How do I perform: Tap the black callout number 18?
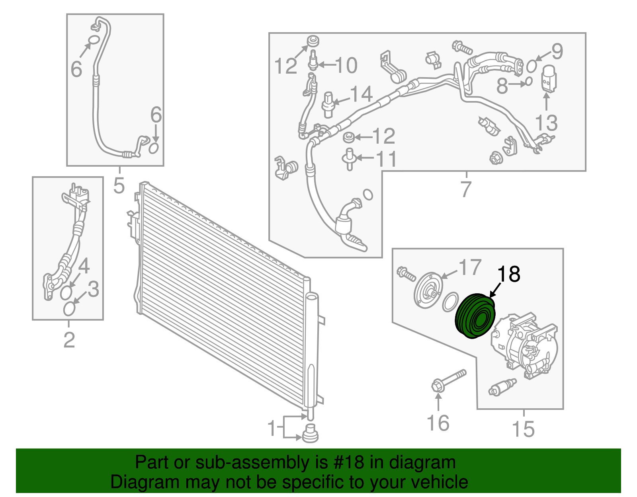tap(508, 275)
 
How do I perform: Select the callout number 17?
tap(470, 268)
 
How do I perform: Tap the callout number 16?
tap(438, 423)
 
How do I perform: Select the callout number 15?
tap(523, 429)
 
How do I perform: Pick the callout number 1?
tap(272, 429)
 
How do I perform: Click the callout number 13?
tap(546, 123)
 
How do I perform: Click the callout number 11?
tap(386, 159)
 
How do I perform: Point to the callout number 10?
tap(346, 65)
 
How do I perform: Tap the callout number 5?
tap(119, 185)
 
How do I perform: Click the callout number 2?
tap(69, 340)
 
